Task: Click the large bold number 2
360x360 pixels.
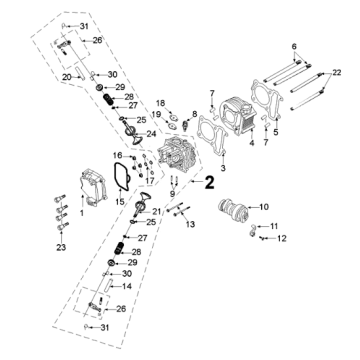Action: coord(209,182)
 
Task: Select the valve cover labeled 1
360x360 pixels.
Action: coord(92,187)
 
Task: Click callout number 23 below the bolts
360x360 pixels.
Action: coord(61,247)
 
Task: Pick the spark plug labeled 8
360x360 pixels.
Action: coord(184,125)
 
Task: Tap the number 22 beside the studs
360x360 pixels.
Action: coord(337,72)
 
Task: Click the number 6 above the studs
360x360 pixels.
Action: coord(294,46)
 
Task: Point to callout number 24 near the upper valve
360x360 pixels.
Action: coord(151,134)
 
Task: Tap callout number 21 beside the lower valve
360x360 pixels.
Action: coord(156,211)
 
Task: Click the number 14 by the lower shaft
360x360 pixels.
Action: coord(127,286)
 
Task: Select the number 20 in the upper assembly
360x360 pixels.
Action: coord(67,77)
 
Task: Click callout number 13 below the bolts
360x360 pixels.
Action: coord(190,224)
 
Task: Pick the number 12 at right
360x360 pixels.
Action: coord(282,238)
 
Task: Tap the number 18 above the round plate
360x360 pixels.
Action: coord(161,102)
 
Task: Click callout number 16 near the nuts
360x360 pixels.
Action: coord(117,155)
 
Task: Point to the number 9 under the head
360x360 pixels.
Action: coord(172,193)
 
